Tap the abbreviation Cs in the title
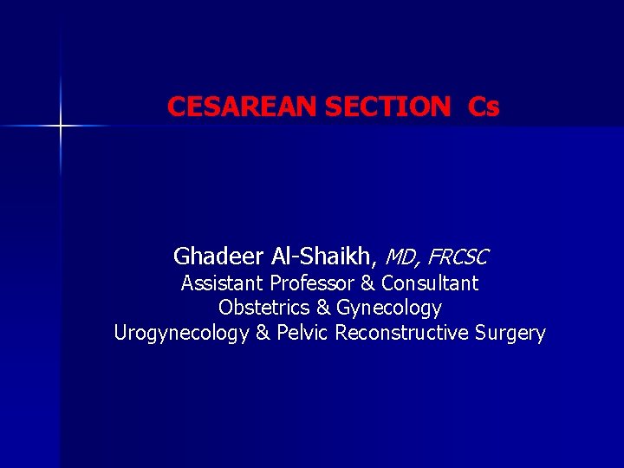[x=484, y=107]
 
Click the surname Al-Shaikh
[x=325, y=257]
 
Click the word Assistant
[x=223, y=283]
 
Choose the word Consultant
[x=429, y=283]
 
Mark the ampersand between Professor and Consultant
[x=367, y=283]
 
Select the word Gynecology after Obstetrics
[x=388, y=309]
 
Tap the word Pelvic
[x=302, y=333]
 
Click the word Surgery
[x=510, y=334]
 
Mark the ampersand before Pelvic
[x=263, y=333]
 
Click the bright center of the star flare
[x=61, y=127]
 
